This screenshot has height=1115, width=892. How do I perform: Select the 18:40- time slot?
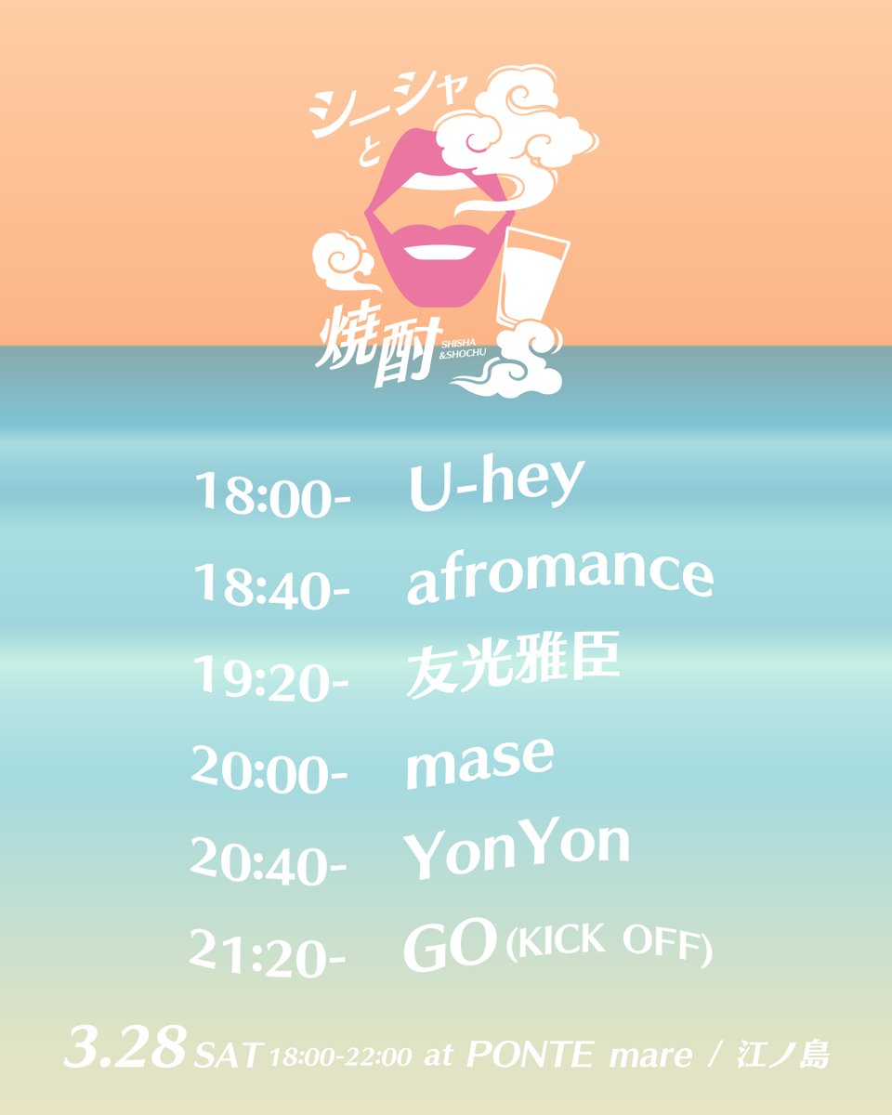tap(271, 585)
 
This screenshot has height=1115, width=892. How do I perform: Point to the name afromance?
tap(559, 576)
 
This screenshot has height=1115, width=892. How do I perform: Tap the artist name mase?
tap(479, 762)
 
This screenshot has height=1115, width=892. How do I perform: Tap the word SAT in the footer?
tap(227, 1056)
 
